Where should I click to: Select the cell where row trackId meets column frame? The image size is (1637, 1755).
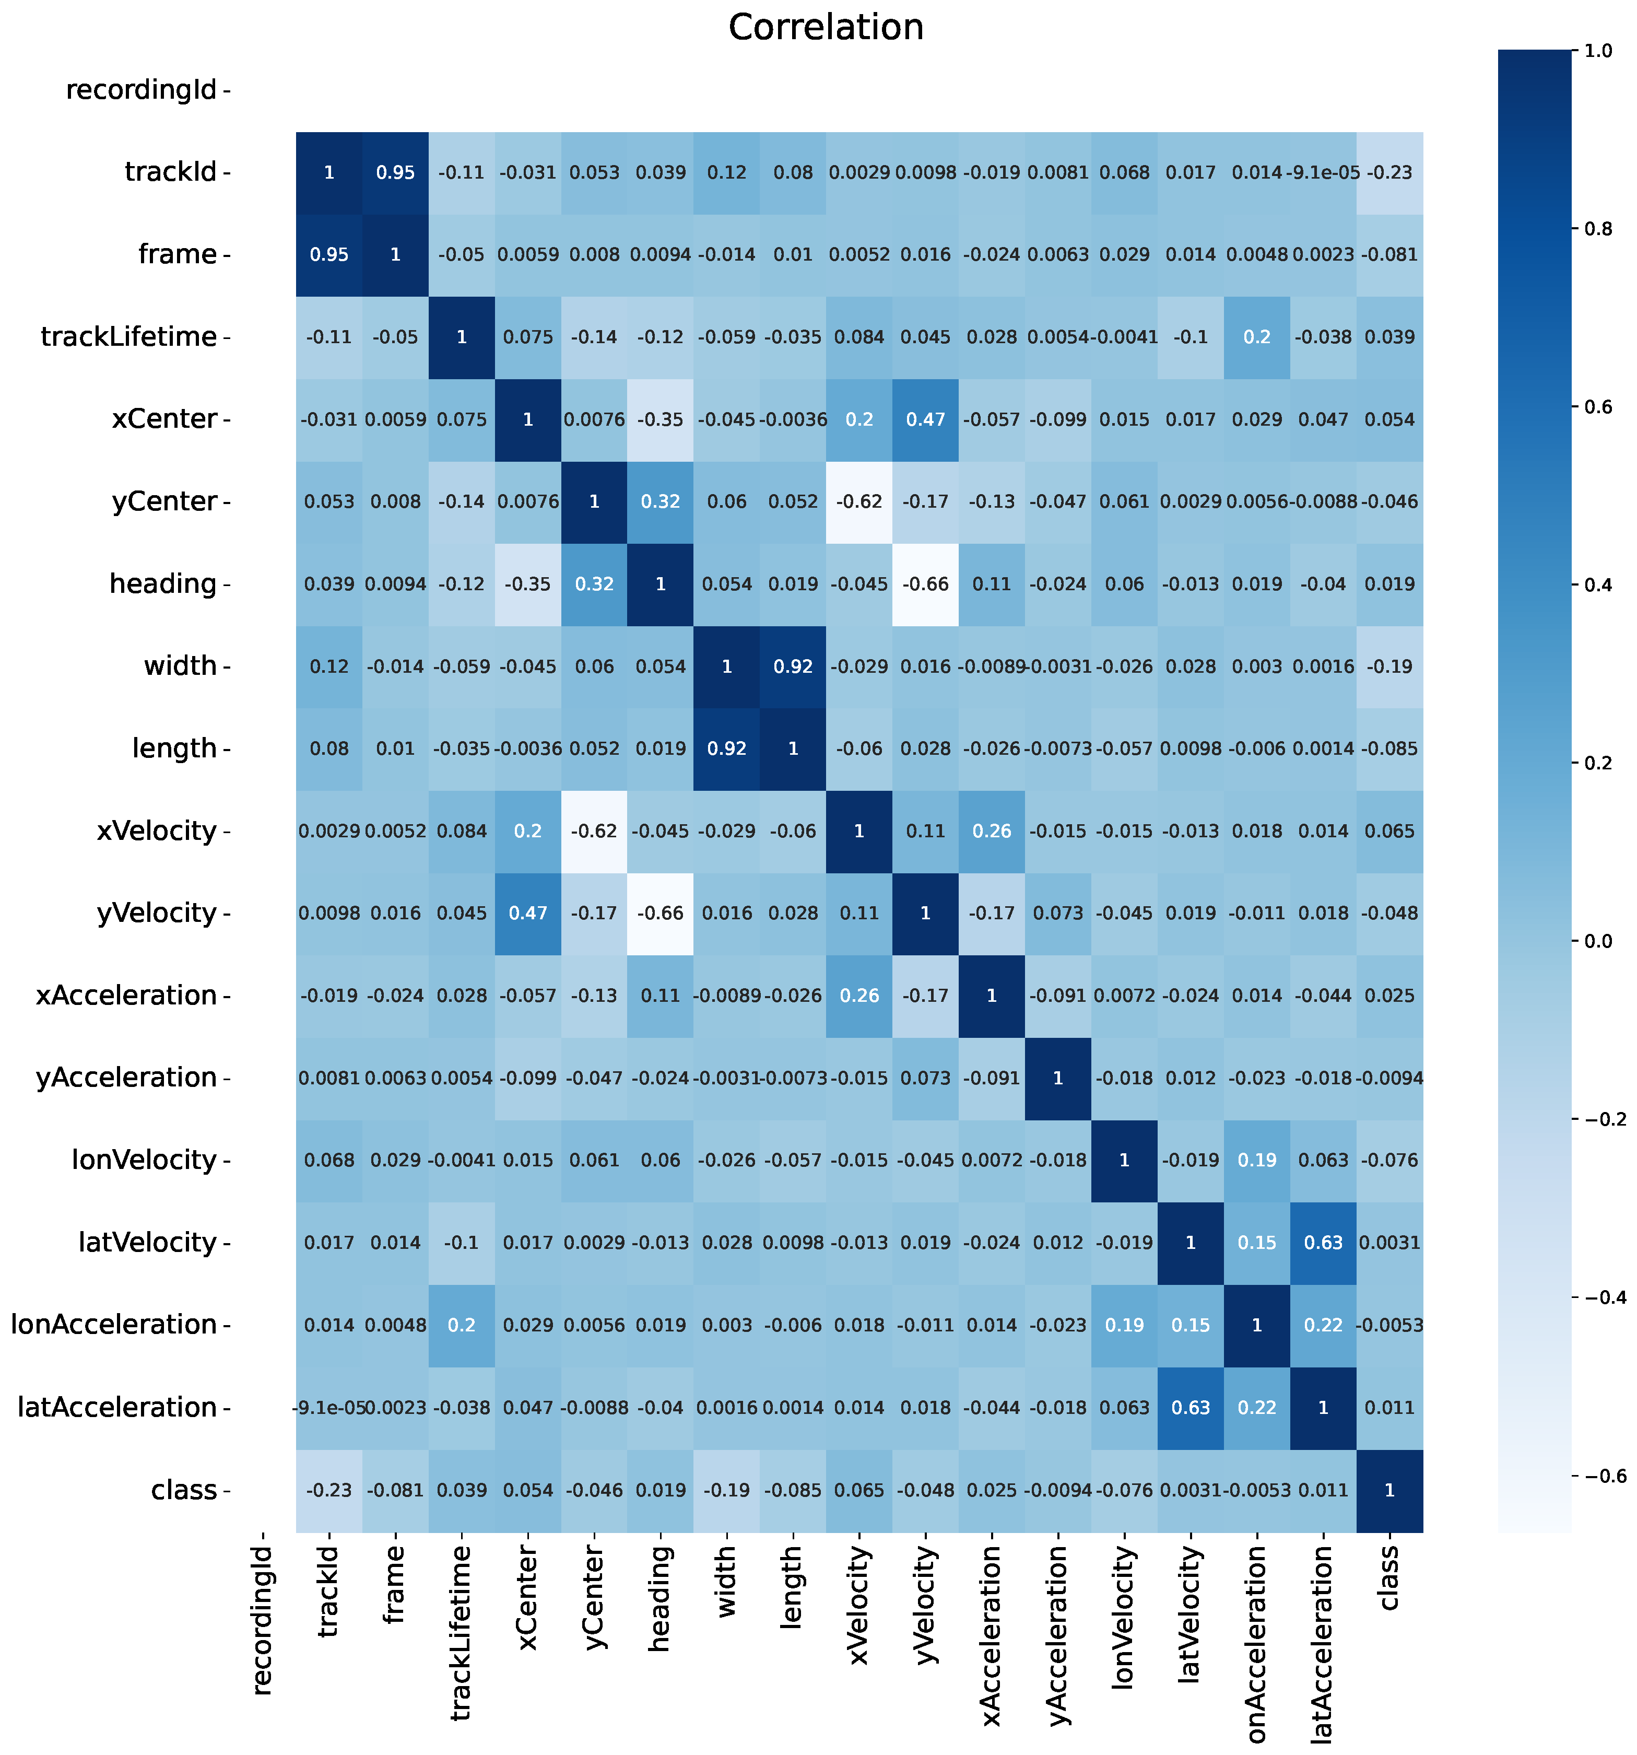(395, 173)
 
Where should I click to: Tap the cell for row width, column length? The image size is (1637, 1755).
(793, 666)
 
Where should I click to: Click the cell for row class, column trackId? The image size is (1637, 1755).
(329, 1490)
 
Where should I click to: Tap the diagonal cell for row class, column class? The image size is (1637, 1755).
(1389, 1490)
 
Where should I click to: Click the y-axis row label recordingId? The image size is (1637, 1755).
(141, 90)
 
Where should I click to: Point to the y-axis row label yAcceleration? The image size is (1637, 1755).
(126, 1078)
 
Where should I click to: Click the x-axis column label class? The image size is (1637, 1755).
(1389, 1579)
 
